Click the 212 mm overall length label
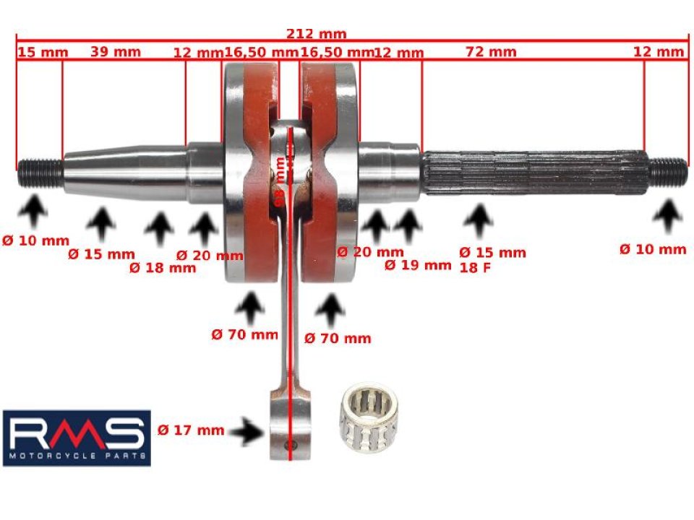pyautogui.click(x=316, y=34)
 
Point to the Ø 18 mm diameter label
pyautogui.click(x=163, y=268)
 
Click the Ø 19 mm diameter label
pyautogui.click(x=417, y=265)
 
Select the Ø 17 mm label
pyautogui.click(x=190, y=430)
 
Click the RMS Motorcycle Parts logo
pyautogui.click(x=77, y=438)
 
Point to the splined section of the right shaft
pyautogui.click(x=535, y=172)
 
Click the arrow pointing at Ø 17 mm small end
pyautogui.click(x=250, y=432)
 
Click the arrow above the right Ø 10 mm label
pyautogui.click(x=669, y=215)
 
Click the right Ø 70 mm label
pyautogui.click(x=338, y=338)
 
